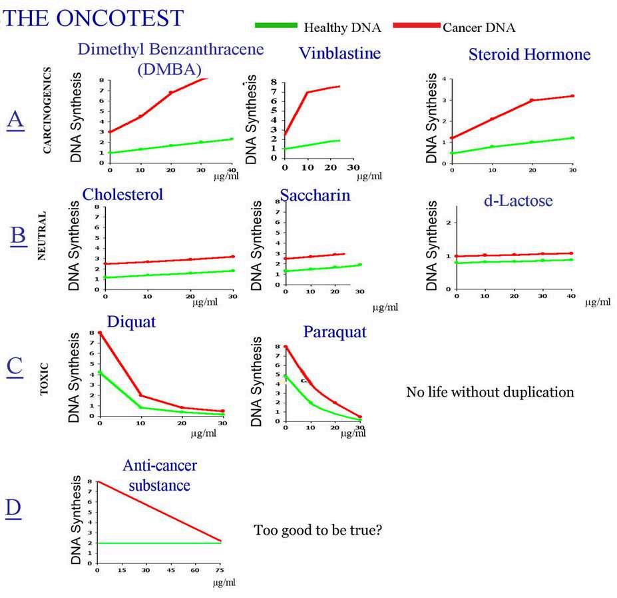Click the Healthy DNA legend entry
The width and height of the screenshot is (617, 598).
click(x=342, y=27)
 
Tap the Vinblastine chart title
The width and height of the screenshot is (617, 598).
click(x=339, y=53)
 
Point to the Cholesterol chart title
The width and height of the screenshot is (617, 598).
click(x=122, y=194)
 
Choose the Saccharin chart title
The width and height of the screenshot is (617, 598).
click(x=315, y=196)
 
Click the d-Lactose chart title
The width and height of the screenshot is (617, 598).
click(x=519, y=200)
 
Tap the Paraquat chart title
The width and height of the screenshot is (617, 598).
click(x=334, y=331)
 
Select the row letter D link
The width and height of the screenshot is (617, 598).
click(x=14, y=508)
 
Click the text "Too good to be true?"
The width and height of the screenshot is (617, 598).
click(x=318, y=531)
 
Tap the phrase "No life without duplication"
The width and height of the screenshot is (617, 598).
click(x=489, y=392)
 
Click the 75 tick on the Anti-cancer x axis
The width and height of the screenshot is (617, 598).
click(x=220, y=571)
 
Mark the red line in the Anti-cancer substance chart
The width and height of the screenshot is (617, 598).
click(x=160, y=511)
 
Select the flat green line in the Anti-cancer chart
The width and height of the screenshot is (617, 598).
click(x=160, y=543)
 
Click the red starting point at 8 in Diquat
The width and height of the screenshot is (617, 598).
click(x=100, y=333)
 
